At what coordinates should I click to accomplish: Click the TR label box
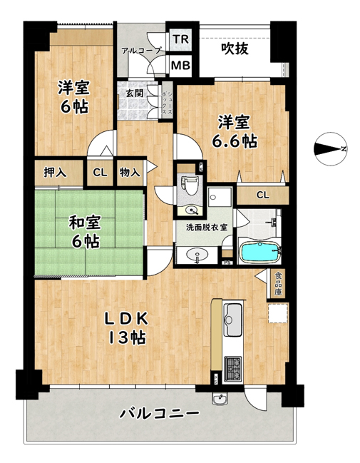pos(180,39)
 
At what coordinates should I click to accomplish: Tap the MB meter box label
pos(180,65)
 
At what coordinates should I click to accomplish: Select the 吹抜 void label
pos(235,49)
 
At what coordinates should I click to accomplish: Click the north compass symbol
pos(330,148)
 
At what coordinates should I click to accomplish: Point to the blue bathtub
pos(259,252)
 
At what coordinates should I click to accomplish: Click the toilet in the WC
pos(190,186)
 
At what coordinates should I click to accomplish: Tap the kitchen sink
pos(233,320)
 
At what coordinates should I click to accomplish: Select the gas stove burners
pos(233,369)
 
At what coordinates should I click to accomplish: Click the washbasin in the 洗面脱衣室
pos(197,255)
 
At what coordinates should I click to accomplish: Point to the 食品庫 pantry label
pos(278,284)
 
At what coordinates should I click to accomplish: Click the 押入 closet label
pos(55,173)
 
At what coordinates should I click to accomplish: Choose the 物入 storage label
pos(130,172)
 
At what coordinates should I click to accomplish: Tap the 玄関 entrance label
pos(135,93)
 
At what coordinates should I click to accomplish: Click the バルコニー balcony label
pos(159,412)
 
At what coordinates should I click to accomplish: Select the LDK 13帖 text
pos(127,327)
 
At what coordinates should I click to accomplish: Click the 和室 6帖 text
pos(85,232)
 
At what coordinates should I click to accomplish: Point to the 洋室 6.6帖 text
pos(235,132)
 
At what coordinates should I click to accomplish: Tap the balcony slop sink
pos(220,400)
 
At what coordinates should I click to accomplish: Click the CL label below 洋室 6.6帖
pos(262,195)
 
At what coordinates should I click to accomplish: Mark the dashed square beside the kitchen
pos(277,313)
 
